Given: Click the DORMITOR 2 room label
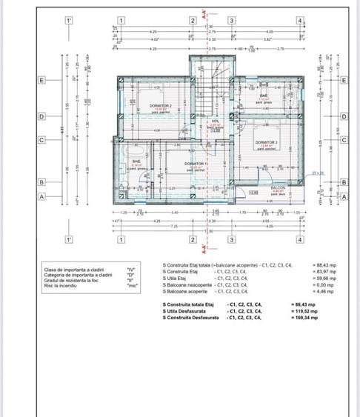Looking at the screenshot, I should [160, 106].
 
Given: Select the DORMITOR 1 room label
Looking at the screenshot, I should [196, 163].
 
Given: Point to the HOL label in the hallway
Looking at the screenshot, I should [215, 121].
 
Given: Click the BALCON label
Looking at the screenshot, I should [277, 188].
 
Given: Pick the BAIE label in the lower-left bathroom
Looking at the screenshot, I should [136, 161].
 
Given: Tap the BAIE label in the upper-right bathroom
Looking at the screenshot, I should [264, 96].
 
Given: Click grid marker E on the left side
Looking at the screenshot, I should [42, 80].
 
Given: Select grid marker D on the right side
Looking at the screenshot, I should [344, 116].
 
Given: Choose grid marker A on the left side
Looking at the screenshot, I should [42, 196].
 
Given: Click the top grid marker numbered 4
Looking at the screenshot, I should [299, 21].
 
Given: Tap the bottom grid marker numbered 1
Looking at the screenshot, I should [120, 239].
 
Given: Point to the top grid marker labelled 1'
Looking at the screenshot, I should [68, 21].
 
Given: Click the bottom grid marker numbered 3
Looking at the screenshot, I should [232, 239].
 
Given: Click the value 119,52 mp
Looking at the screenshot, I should [304, 311].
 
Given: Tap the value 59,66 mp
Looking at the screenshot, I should [304, 278].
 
